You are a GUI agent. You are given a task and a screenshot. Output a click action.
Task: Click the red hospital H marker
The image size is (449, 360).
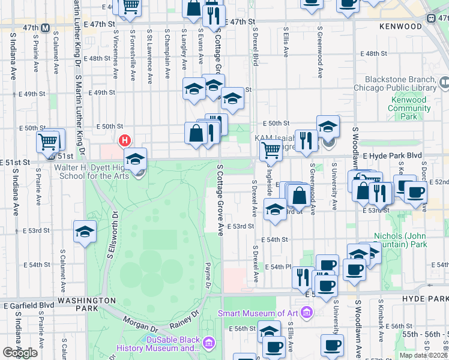[x=124, y=141]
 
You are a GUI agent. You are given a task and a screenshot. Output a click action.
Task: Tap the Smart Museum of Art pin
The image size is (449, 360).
[x=307, y=313]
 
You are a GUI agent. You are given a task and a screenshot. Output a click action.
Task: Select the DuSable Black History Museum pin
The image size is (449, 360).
[x=209, y=343]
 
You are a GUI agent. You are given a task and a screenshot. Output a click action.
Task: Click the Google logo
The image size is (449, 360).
[x=20, y=353]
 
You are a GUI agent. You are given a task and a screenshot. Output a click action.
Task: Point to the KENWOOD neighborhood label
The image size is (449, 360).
[x=400, y=27]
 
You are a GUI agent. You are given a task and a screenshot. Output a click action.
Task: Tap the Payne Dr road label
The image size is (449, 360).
[x=208, y=275]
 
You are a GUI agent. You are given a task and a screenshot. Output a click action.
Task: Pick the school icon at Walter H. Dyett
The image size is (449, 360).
[x=136, y=159]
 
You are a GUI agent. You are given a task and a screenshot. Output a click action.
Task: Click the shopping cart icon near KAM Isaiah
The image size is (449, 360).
[x=271, y=151]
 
